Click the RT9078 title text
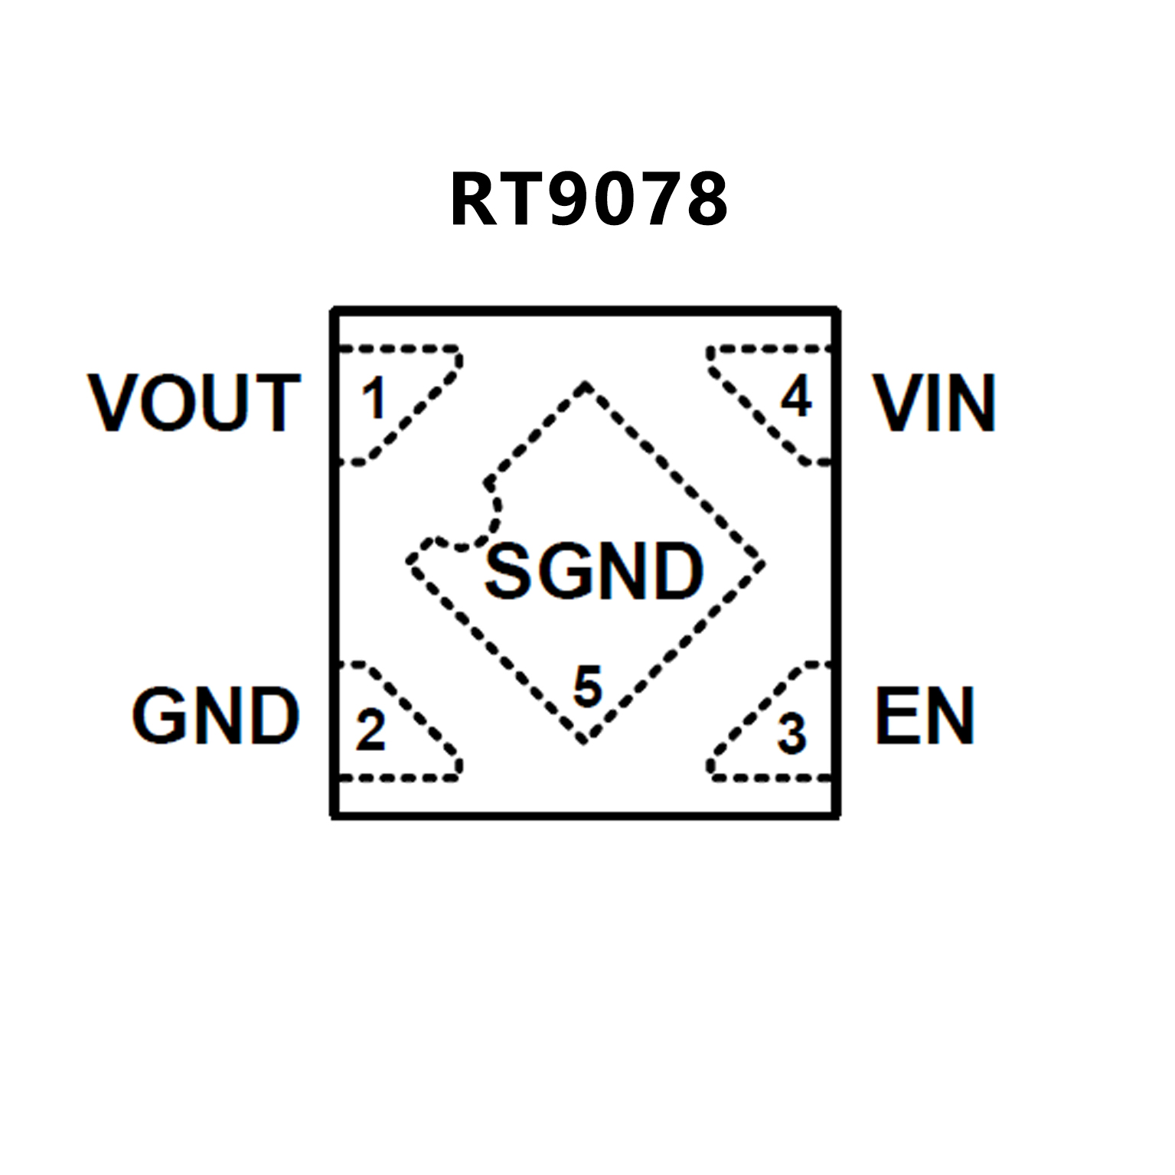(589, 199)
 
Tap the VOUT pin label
(194, 403)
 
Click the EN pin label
(925, 716)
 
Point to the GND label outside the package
(216, 716)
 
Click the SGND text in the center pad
(594, 571)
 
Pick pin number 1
(374, 399)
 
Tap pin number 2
(370, 730)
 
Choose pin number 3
(792, 733)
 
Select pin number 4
(796, 397)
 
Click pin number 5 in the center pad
(588, 686)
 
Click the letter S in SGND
(509, 571)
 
